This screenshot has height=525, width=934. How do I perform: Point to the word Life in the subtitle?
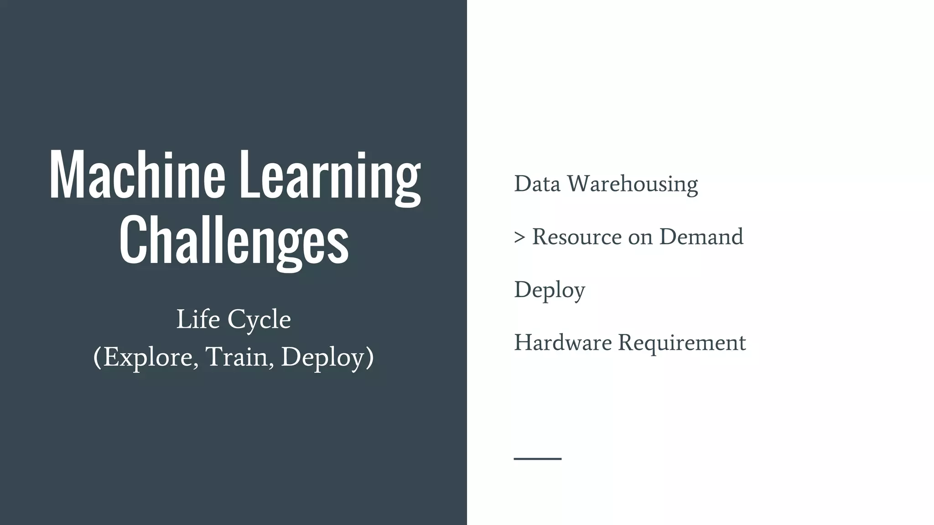(196, 319)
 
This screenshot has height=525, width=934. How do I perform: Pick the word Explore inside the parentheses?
(150, 357)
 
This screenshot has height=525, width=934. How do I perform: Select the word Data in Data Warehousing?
(537, 184)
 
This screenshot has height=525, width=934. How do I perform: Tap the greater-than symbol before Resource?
(519, 237)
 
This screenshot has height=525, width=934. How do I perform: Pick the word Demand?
(701, 237)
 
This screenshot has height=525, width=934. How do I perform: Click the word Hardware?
(562, 343)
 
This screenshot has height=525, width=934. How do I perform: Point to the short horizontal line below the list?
(537, 458)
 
